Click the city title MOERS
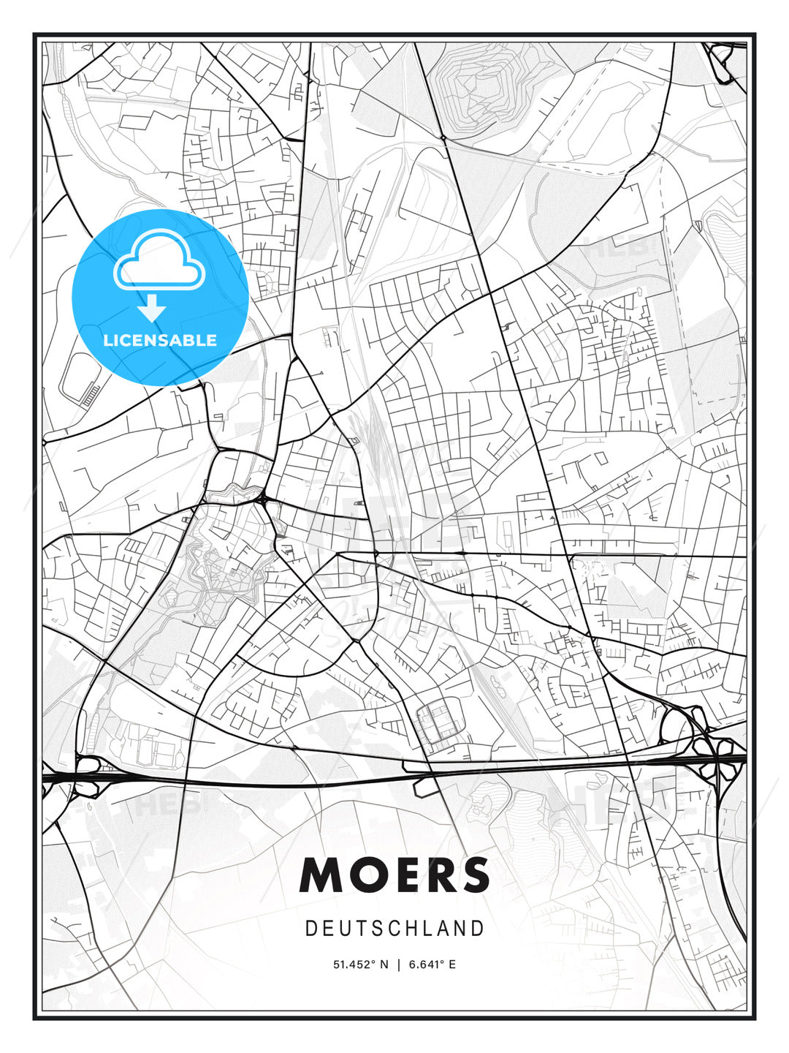tap(394, 875)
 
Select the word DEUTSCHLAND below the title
tap(394, 929)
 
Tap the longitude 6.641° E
tap(432, 965)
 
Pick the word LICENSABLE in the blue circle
tap(160, 340)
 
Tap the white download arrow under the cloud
tap(153, 308)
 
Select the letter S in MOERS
tap(474, 875)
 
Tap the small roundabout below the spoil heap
tap(443, 137)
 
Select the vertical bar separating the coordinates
tap(398, 965)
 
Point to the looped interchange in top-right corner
tap(725, 62)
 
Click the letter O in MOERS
tap(363, 875)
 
